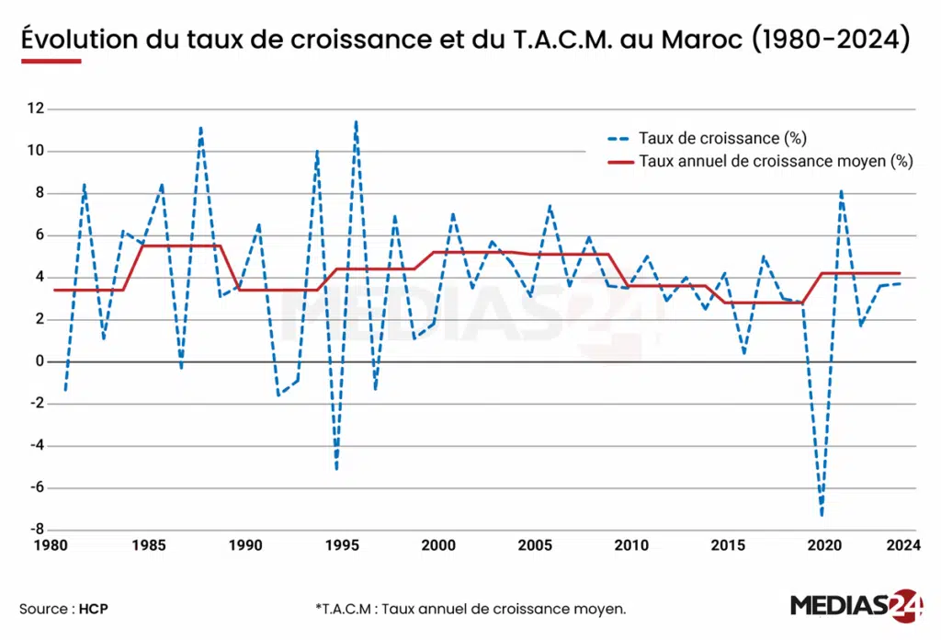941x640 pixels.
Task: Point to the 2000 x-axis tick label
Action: [x=438, y=545]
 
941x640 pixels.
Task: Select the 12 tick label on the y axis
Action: [x=36, y=109]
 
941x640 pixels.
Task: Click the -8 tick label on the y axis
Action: [x=36, y=530]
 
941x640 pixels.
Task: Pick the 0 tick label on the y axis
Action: [x=40, y=361]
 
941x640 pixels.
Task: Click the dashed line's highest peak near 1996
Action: [x=356, y=121]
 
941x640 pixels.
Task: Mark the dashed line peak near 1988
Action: [x=200, y=128]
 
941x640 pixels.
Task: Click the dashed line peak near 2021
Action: [x=840, y=191]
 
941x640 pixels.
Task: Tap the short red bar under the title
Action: [x=51, y=62]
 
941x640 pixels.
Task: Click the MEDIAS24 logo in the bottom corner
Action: [x=856, y=607]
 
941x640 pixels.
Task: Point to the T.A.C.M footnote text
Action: [x=470, y=609]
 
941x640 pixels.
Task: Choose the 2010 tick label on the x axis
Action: [x=632, y=545]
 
